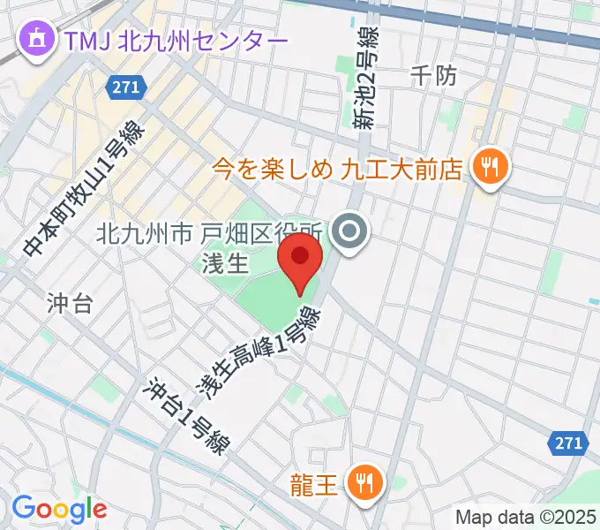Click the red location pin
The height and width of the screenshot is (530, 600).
tap(299, 258)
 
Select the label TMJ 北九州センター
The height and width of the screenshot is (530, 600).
tap(174, 41)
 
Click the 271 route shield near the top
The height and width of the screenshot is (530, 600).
tap(124, 87)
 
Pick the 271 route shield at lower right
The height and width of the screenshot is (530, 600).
tap(568, 442)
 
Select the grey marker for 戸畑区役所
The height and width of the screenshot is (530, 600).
tap(350, 234)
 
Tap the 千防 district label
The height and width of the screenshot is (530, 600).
tap(434, 77)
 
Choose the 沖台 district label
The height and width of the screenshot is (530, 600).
tap(70, 306)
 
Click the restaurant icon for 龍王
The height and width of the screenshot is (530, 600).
tap(363, 481)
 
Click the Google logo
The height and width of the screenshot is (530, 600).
tap(58, 509)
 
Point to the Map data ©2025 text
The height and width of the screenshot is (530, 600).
tap(526, 517)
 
